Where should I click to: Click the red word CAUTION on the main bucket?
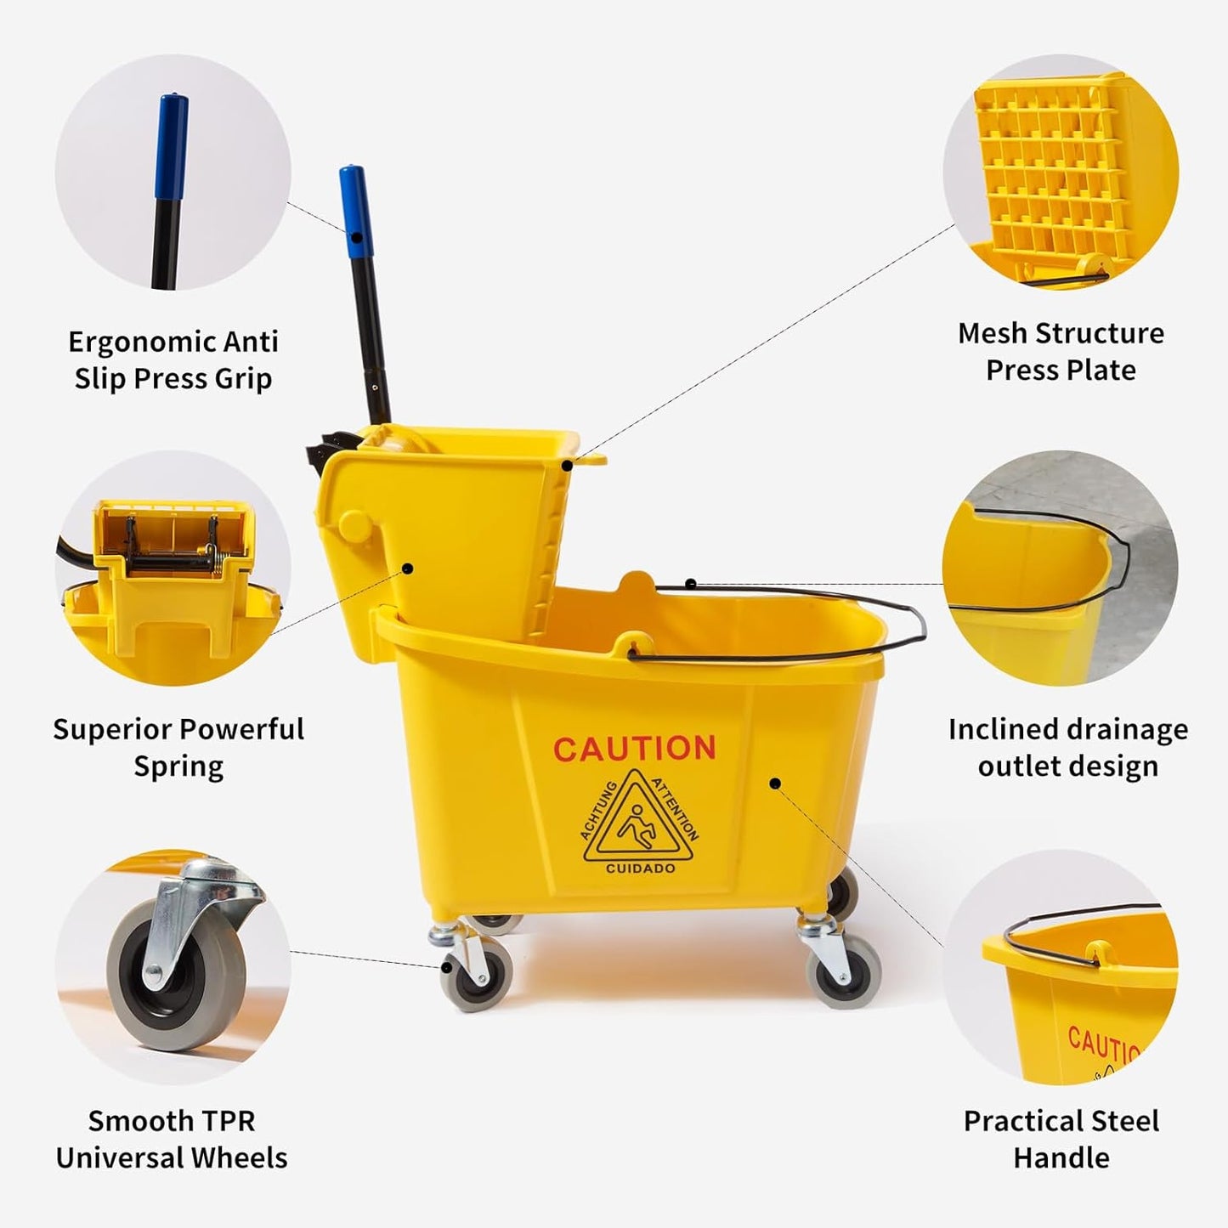click(634, 749)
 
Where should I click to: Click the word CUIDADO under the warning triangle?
click(640, 869)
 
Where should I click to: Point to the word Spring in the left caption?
click(178, 767)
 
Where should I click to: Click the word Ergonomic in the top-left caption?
click(132, 342)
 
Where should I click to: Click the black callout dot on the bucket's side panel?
click(775, 783)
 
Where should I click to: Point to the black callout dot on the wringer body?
click(407, 569)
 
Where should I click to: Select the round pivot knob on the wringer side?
click(354, 526)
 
